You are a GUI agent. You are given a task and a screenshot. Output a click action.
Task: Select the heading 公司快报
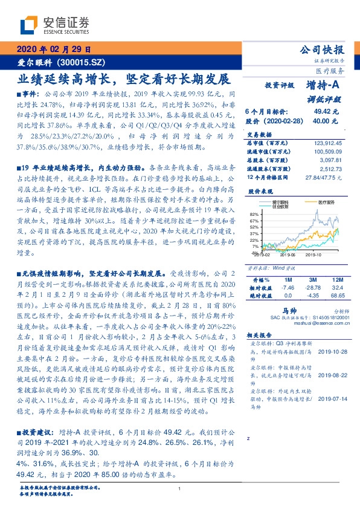[x=323, y=50]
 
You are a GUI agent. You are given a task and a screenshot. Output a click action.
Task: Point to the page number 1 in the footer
[x=180, y=490]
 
